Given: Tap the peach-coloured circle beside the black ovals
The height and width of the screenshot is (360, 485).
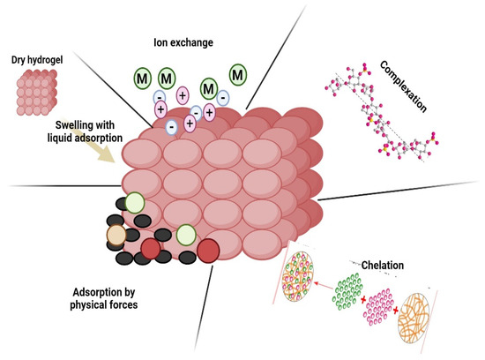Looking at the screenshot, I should tap(116, 235).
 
